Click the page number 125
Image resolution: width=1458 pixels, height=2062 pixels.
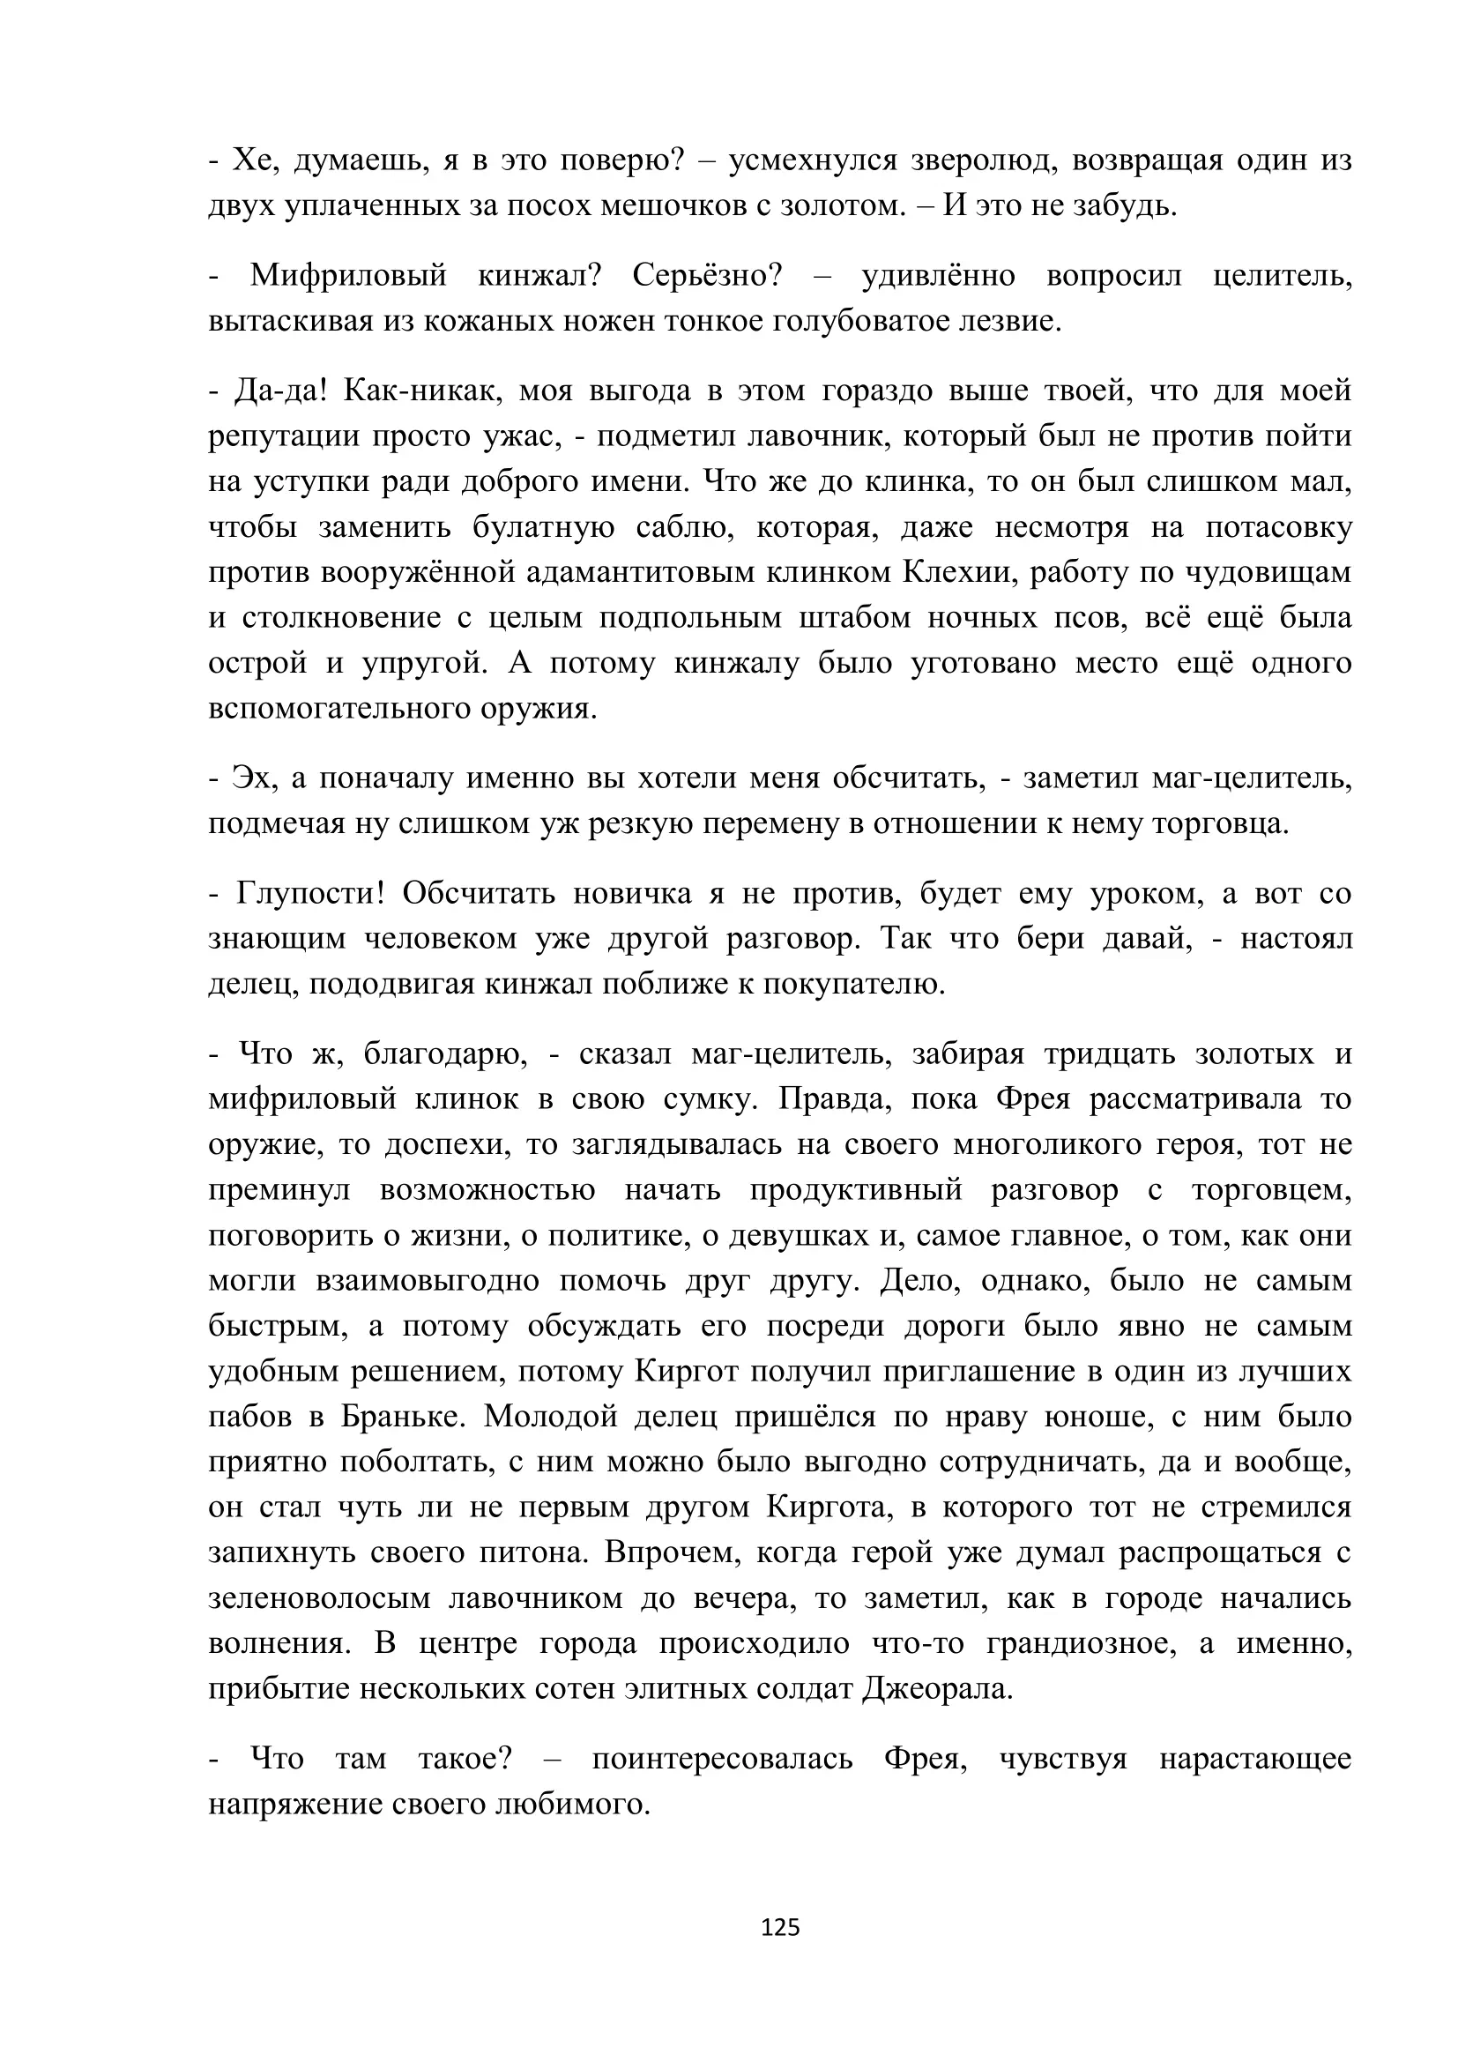point(779,1927)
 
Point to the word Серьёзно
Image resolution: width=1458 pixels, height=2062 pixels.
point(708,276)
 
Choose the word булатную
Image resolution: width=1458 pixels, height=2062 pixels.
point(543,527)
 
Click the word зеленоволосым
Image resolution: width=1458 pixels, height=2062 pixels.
point(320,1598)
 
